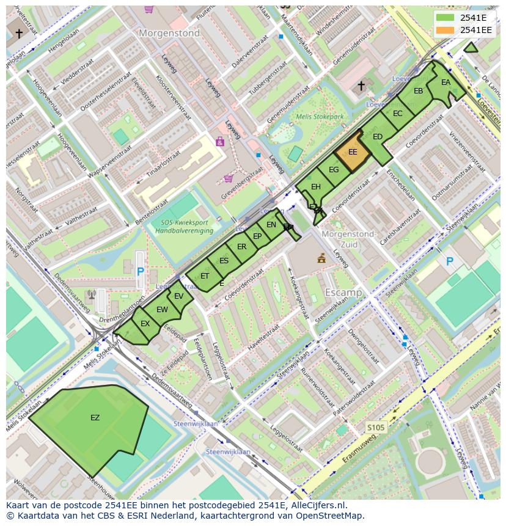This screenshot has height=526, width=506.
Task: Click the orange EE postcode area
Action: (353, 153)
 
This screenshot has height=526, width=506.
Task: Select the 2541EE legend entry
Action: (464, 30)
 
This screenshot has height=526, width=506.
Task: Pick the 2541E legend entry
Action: (464, 17)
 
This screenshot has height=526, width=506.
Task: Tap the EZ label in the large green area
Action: (95, 418)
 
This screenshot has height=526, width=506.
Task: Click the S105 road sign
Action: (376, 427)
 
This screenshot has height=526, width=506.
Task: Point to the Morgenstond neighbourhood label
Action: (169, 34)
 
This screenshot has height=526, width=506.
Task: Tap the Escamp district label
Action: (343, 293)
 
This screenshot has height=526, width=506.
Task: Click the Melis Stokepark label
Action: (320, 116)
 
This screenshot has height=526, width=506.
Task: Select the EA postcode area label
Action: (446, 82)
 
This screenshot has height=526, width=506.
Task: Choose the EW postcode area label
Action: (162, 310)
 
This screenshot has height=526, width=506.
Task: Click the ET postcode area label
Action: (205, 276)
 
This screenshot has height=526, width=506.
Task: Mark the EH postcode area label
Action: (315, 187)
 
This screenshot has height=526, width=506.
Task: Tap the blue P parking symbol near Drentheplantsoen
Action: (141, 271)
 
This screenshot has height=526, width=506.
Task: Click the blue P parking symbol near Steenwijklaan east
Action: (450, 261)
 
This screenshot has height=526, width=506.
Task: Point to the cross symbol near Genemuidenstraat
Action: (361, 86)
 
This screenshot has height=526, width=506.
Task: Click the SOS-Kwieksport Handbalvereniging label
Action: (184, 227)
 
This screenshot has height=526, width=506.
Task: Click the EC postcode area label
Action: (397, 114)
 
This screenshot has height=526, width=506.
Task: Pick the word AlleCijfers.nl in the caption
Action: (318, 505)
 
